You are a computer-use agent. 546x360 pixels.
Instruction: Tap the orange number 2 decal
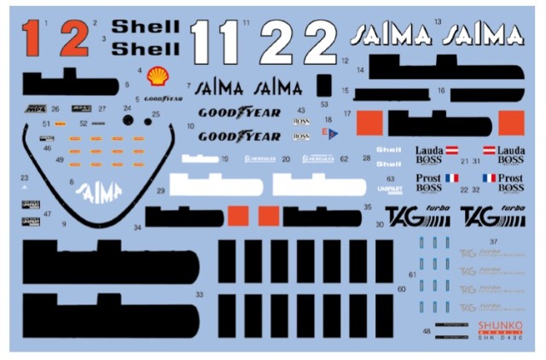74,39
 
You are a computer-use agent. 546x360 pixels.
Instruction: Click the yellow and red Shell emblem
158,78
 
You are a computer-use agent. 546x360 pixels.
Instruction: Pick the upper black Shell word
146,26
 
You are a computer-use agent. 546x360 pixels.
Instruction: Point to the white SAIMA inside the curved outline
99,194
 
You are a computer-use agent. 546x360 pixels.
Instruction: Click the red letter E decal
324,132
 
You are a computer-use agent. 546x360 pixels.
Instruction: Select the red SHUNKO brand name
497,325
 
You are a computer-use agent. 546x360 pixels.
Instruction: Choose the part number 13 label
438,20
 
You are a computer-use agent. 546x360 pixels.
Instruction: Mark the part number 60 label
402,289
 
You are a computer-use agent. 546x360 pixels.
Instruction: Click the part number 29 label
160,191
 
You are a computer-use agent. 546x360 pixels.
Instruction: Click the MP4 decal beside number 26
34,109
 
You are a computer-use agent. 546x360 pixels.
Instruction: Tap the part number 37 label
493,242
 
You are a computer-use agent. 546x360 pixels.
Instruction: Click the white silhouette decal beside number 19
198,159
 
